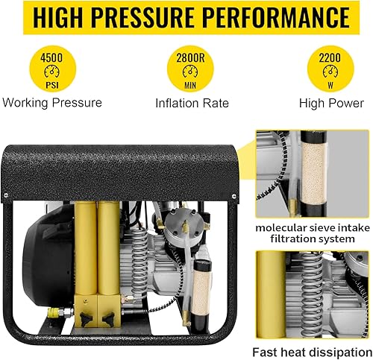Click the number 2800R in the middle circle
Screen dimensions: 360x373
point(186,56)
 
